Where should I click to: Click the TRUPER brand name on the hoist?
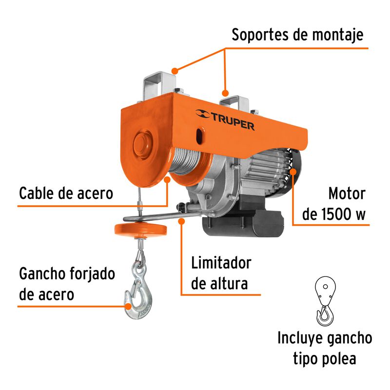click(x=233, y=126)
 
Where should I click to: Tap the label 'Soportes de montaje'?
click(x=297, y=35)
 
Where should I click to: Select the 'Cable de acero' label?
click(x=66, y=193)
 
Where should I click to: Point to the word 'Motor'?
click(x=346, y=194)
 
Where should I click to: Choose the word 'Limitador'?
click(x=221, y=263)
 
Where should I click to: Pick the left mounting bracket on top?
click(x=158, y=86)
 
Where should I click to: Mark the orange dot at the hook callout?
click(x=129, y=306)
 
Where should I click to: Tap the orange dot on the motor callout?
click(x=293, y=171)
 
